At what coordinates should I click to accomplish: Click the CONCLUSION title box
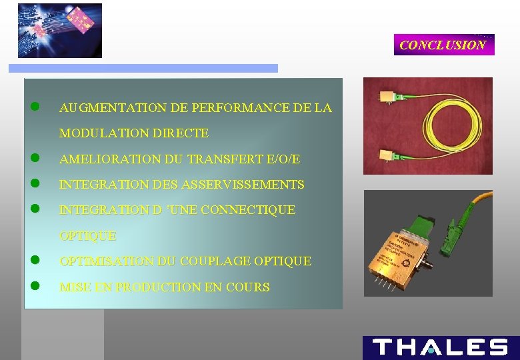coord(443,45)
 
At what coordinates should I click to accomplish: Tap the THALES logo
coord(441,347)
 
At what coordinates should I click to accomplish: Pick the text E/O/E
coord(283,159)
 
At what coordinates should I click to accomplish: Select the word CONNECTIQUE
coord(247,210)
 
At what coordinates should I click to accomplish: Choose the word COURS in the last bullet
coord(248,287)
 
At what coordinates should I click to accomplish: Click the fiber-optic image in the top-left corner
coord(59,30)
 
